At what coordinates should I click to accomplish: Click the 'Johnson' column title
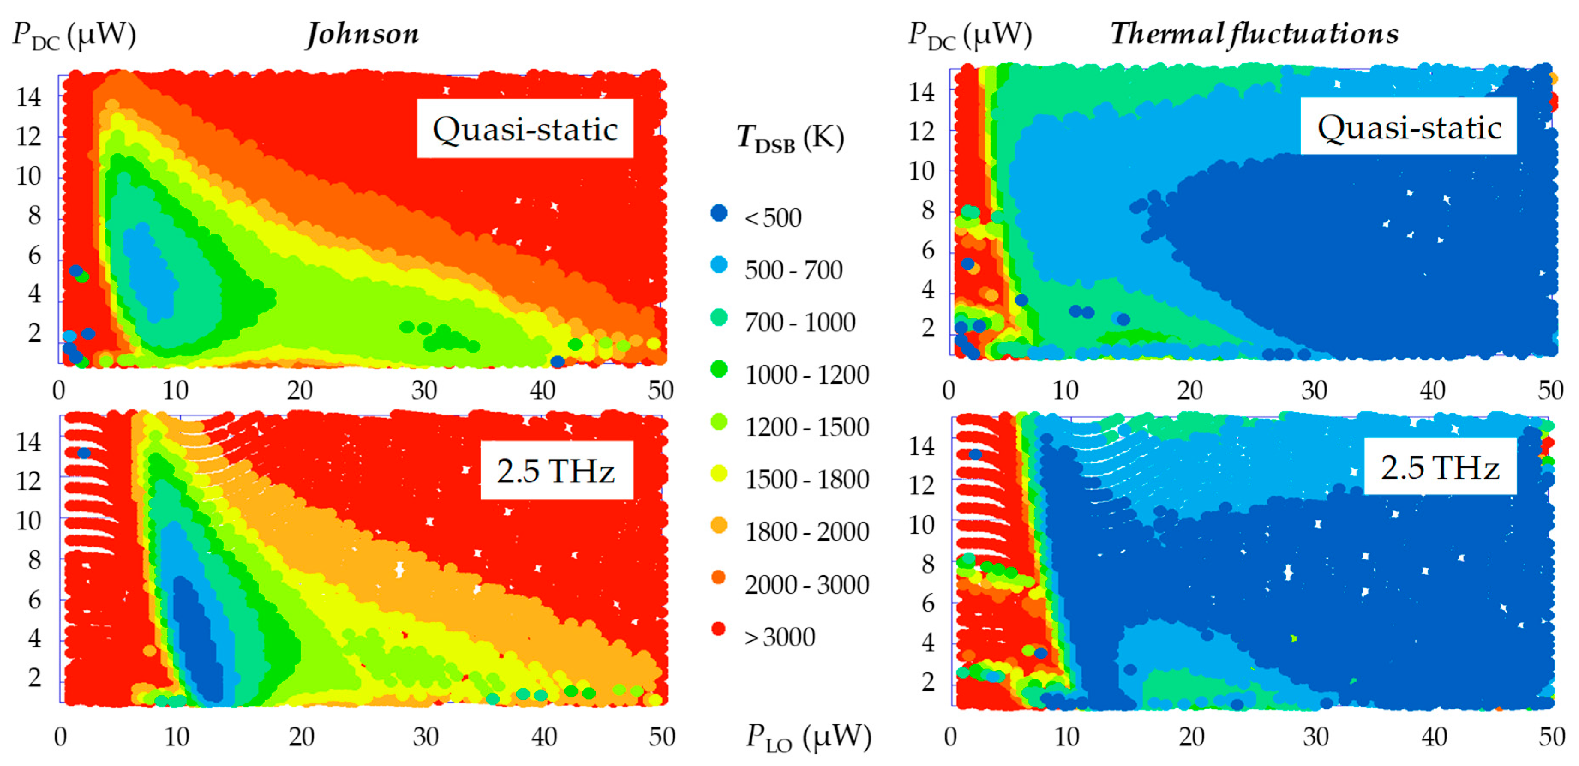(x=363, y=34)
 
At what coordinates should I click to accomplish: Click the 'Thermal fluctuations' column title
(x=1254, y=34)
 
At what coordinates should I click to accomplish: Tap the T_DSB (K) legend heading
(x=790, y=138)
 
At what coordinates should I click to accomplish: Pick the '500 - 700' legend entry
(x=793, y=270)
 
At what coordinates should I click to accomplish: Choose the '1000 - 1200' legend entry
(x=807, y=374)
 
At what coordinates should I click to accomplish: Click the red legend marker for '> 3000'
(x=718, y=629)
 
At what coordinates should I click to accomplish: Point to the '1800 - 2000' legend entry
(x=807, y=531)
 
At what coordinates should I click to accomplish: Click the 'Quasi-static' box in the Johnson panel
(x=525, y=129)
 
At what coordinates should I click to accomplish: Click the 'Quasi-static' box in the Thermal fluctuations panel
(x=1408, y=127)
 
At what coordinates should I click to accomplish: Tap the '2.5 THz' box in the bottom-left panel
(x=555, y=471)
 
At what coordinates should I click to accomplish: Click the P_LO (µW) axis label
(x=808, y=737)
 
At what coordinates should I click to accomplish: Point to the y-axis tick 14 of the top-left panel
(x=29, y=97)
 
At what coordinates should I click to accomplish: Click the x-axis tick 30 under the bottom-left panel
(x=426, y=736)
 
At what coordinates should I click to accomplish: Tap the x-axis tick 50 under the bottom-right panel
(x=1552, y=736)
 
